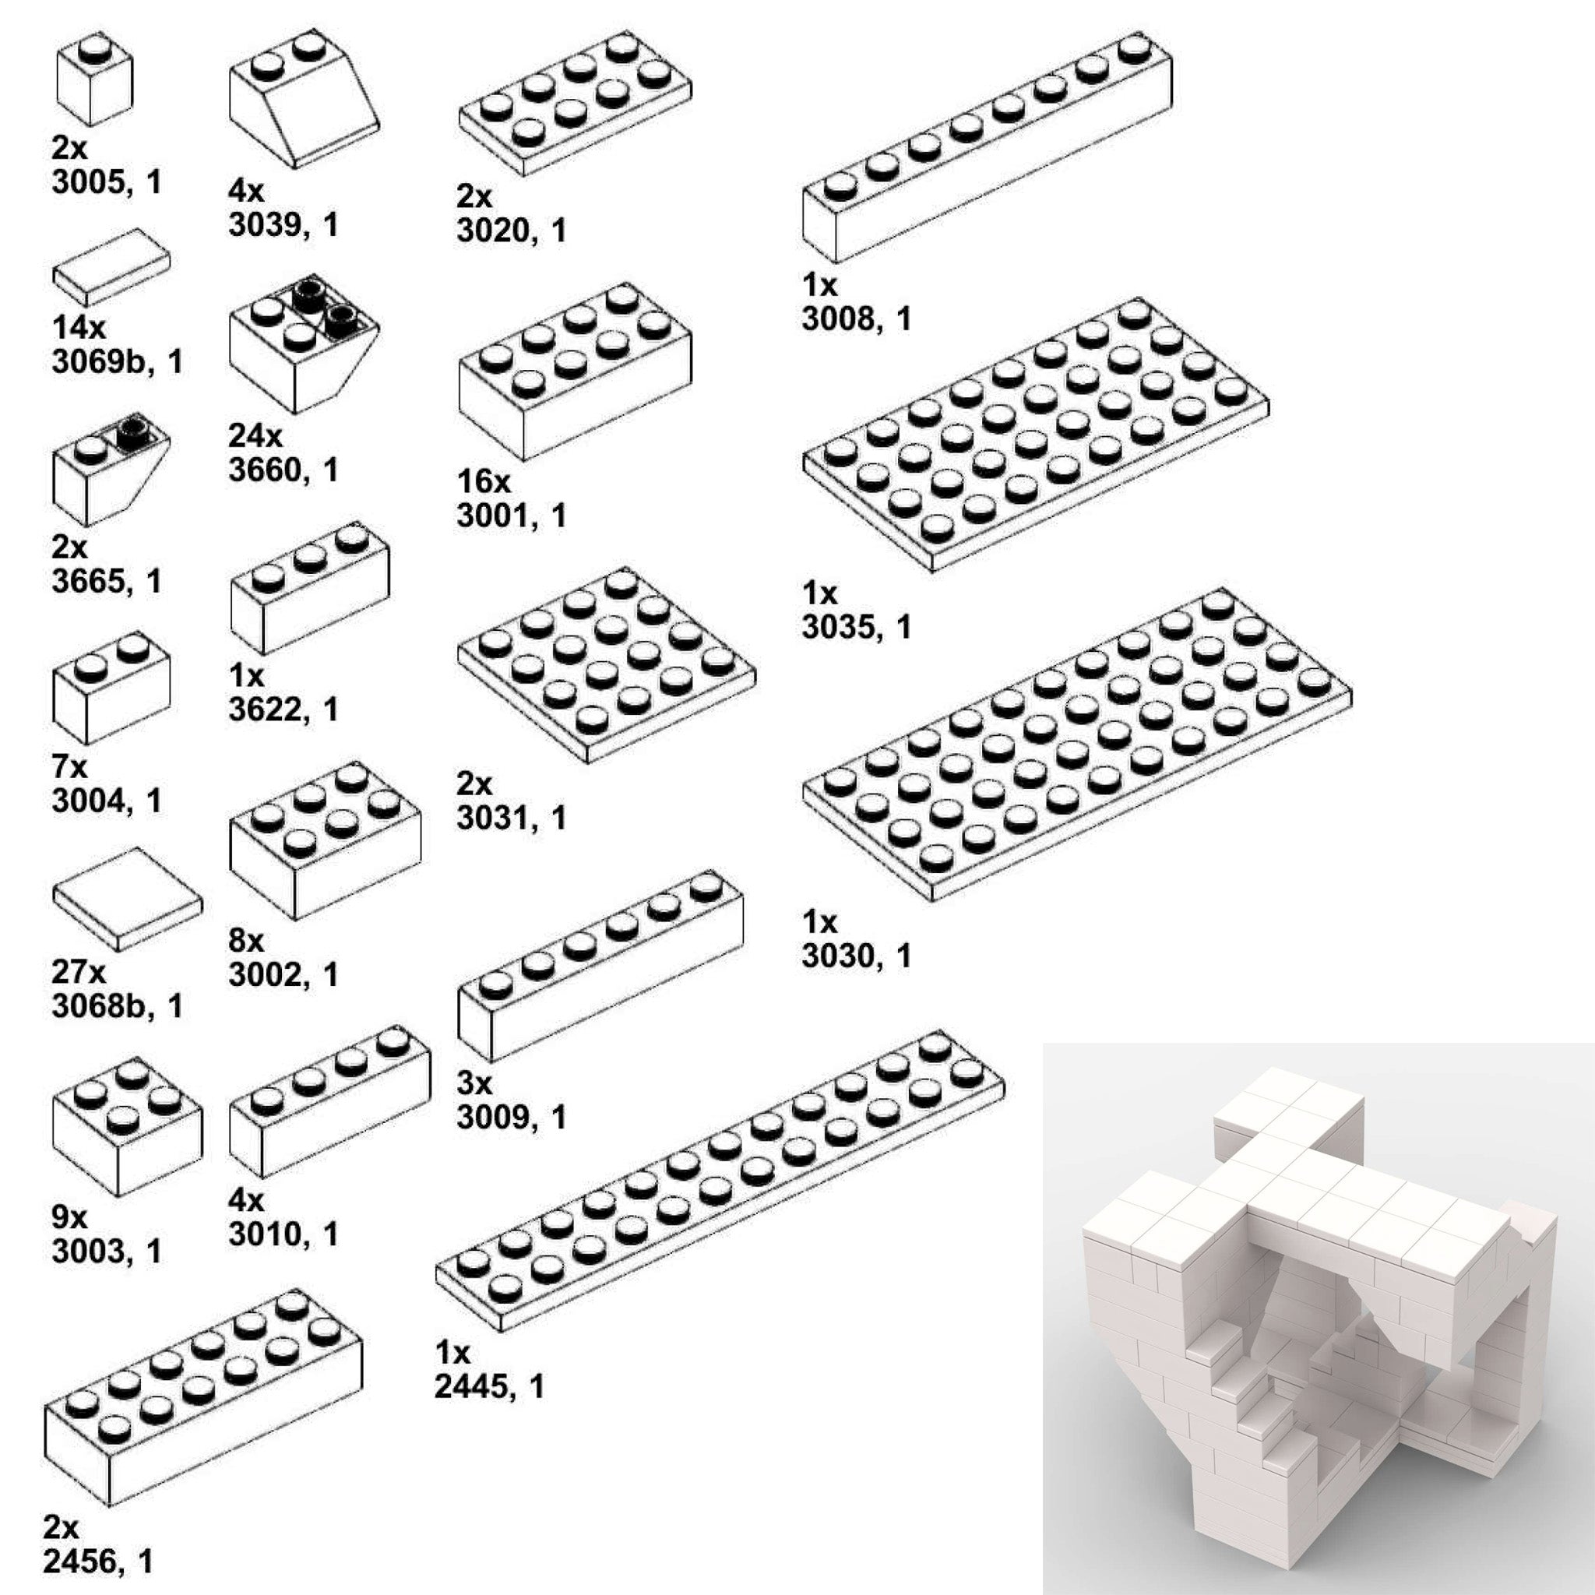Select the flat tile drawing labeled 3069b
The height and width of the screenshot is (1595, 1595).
111,267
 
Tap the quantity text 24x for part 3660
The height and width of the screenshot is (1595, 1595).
255,435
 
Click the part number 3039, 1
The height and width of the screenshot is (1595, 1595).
283,224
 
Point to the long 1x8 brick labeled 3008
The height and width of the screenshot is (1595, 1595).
987,149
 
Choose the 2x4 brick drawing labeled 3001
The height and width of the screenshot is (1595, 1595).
575,371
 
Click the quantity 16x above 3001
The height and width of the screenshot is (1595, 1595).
484,481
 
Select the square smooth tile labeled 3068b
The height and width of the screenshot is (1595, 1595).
127,898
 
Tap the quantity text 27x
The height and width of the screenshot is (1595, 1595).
79,972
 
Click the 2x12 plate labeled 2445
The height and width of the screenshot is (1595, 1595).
719,1181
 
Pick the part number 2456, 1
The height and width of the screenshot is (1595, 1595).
98,1562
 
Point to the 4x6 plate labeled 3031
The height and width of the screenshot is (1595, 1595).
607,664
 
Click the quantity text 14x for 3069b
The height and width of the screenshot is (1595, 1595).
79,328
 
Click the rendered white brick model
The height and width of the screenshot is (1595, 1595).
1318,1317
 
